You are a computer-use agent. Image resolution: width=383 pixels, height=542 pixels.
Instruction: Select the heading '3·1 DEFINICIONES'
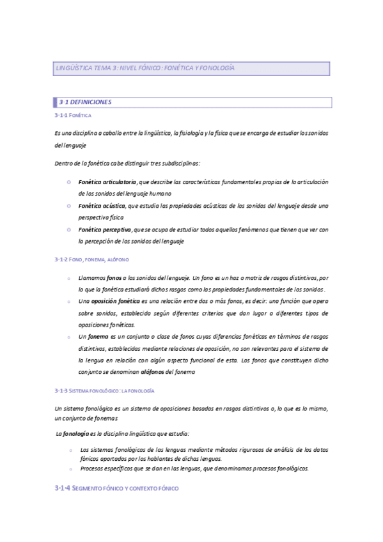pyautogui.click(x=85, y=102)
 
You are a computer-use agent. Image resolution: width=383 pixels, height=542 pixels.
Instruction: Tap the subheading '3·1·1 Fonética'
pyautogui.click(x=74, y=116)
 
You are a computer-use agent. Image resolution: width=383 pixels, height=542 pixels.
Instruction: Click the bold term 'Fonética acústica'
pyautogui.click(x=102, y=206)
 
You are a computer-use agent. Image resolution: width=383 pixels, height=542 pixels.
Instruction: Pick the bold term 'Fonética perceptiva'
pyautogui.click(x=105, y=229)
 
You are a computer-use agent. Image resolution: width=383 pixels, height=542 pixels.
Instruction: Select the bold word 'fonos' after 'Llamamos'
pyautogui.click(x=114, y=279)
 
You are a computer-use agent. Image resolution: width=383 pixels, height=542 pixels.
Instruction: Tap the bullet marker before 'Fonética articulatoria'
pyautogui.click(x=68, y=183)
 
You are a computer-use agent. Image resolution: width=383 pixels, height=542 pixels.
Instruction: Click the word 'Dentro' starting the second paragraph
pyautogui.click(x=65, y=164)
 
